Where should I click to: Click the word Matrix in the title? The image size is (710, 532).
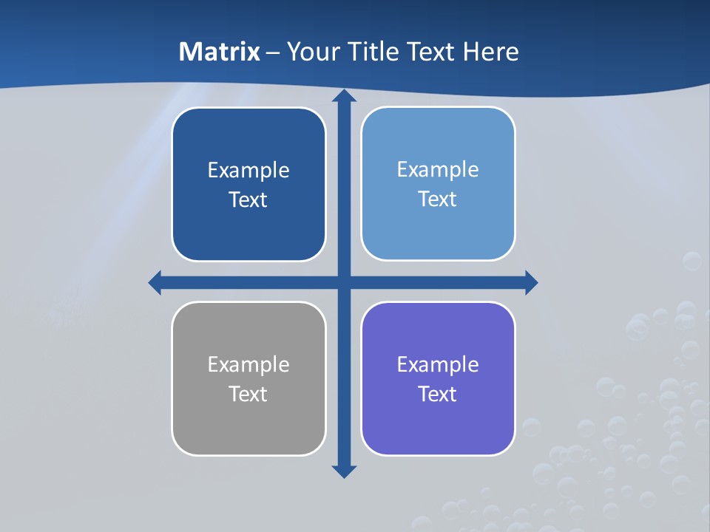(220, 52)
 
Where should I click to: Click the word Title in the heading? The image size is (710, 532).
(376, 52)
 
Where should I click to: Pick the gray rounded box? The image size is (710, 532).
(248, 425)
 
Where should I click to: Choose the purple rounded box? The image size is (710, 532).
(438, 425)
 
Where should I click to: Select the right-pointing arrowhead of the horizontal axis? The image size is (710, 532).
(530, 282)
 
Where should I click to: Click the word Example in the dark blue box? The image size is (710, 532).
(248, 171)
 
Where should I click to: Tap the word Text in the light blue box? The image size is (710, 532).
(438, 199)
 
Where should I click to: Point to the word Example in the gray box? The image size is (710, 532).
(248, 365)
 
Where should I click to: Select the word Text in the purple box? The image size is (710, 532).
(438, 394)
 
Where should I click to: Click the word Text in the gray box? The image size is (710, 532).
(248, 394)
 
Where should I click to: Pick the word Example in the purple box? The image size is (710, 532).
(438, 365)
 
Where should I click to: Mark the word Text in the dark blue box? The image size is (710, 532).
(248, 200)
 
